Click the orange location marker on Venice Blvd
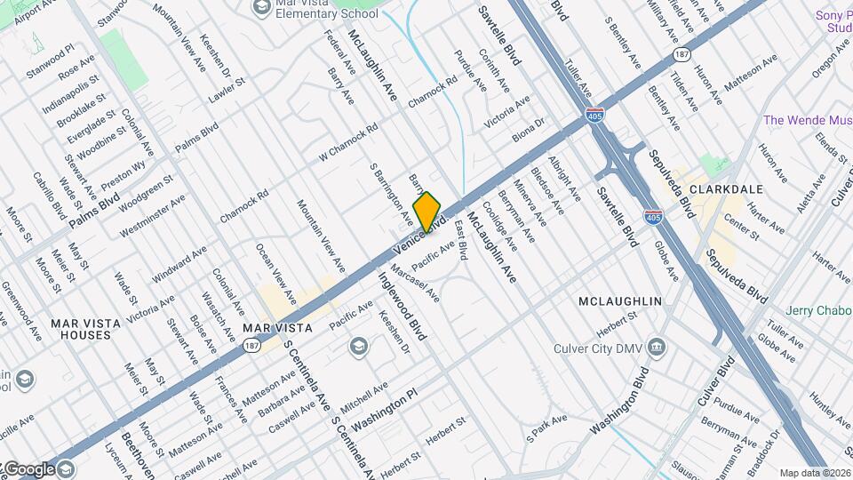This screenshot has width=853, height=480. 427,212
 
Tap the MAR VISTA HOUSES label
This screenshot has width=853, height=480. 80,329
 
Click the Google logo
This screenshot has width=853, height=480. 29,469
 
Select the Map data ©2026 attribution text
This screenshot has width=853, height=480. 815,473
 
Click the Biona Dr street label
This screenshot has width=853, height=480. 528,132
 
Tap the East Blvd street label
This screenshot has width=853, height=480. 461,239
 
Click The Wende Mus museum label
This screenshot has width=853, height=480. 808,119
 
